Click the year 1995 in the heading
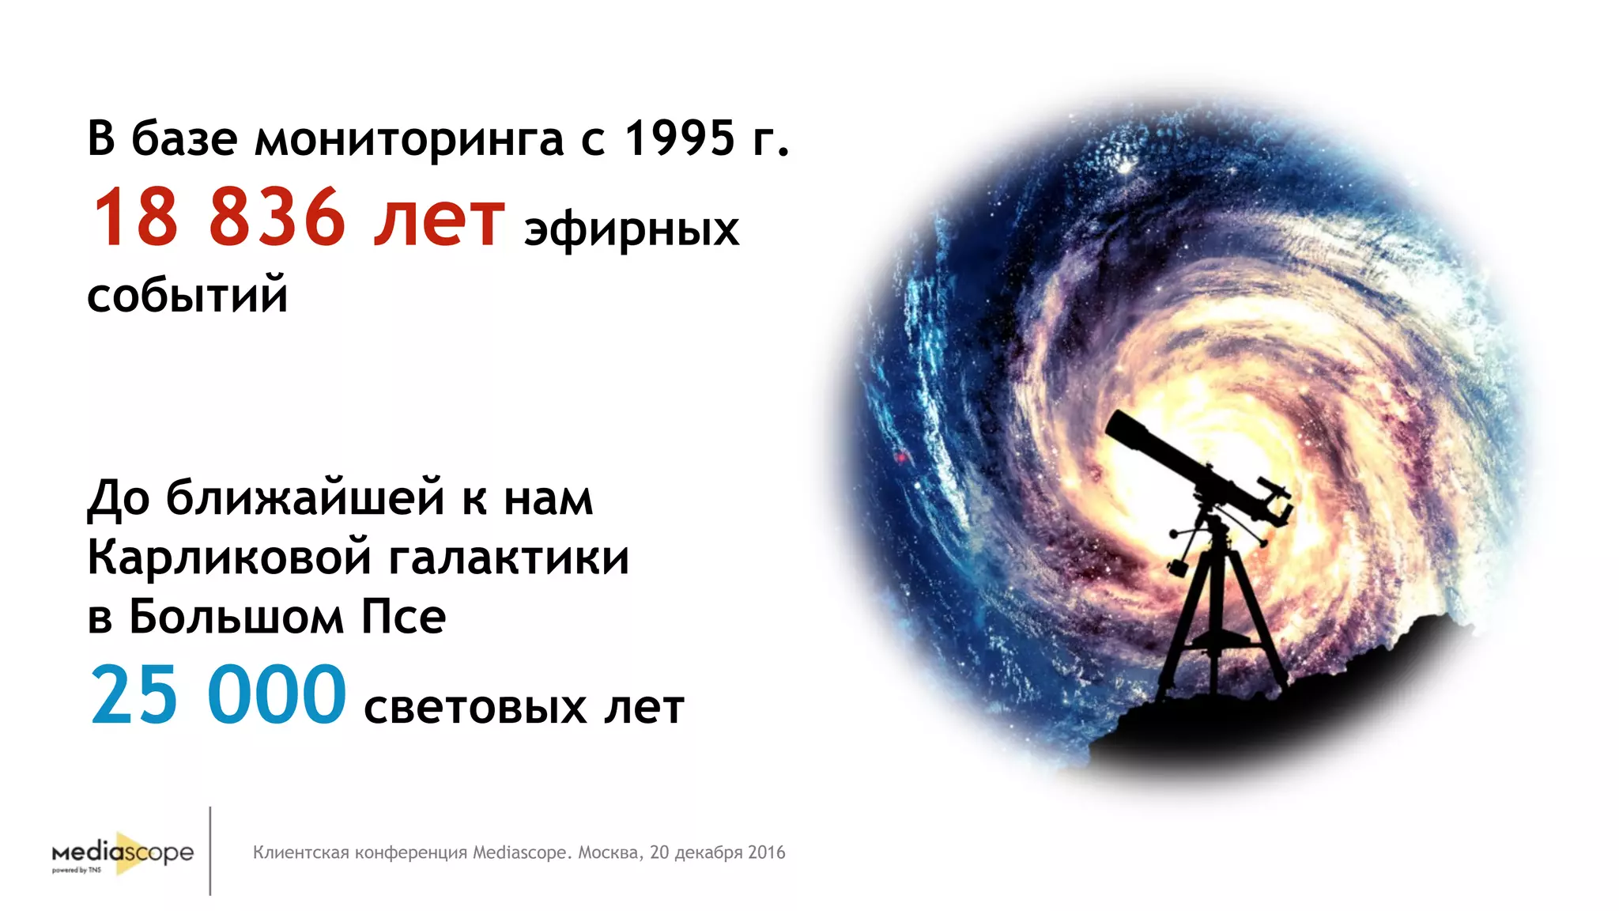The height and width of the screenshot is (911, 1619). click(680, 138)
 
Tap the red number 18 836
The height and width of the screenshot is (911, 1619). click(218, 218)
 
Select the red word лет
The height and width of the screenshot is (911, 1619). click(439, 218)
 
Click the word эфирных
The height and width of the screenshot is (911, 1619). click(631, 230)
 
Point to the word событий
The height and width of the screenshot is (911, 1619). click(187, 296)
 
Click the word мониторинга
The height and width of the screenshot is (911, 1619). click(409, 139)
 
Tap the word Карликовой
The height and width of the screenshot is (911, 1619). click(229, 558)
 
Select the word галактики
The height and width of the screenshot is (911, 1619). click(509, 558)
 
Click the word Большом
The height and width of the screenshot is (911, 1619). click(236, 617)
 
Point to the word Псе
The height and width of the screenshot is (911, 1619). click(403, 617)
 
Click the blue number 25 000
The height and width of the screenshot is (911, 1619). click(218, 696)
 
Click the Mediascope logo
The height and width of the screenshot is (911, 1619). click(123, 853)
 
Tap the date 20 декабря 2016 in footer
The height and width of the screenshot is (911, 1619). click(717, 852)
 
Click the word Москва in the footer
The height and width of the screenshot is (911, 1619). click(609, 852)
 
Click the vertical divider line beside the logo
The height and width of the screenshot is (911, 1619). click(210, 851)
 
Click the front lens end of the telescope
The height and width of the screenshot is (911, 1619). click(1116, 427)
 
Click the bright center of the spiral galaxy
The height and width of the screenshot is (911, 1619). click(1170, 443)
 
